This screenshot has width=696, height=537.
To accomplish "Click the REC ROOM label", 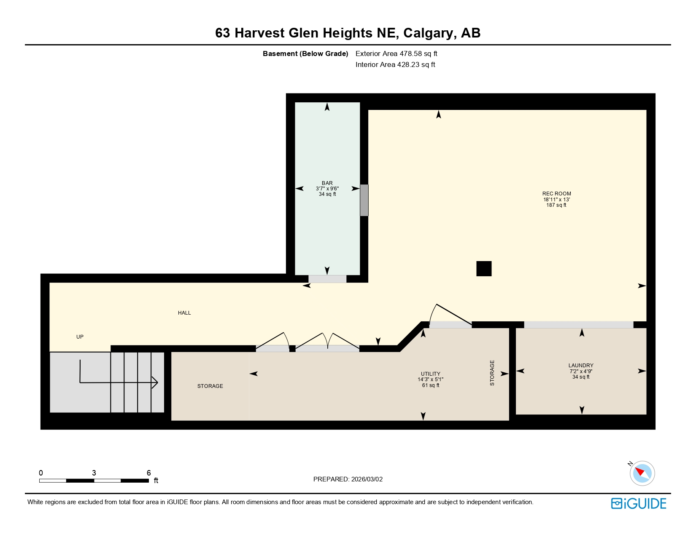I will point(556,194).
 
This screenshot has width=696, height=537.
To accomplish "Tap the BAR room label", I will point(327,183).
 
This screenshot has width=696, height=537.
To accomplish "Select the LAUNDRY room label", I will point(580,366).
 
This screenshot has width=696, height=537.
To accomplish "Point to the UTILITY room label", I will point(430,374).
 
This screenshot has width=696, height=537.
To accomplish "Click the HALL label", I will point(184,313).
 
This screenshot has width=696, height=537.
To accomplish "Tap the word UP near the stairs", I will point(80,337).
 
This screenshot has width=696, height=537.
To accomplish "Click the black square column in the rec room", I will point(484,269).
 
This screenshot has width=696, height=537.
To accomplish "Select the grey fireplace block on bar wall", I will point(364,200).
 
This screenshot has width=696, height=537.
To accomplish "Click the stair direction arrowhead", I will point(155,382).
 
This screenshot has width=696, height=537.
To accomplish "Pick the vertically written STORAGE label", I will point(492,373).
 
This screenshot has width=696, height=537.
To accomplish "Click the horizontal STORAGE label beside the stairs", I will point(210,386).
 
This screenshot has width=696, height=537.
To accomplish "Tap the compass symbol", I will point(642,473).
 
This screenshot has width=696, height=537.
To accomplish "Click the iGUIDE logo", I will point(639,503).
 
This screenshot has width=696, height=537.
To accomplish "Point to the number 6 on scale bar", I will point(148,473).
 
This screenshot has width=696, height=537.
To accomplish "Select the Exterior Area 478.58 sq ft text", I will point(396,53).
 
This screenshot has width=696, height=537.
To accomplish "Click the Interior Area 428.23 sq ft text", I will point(395,64).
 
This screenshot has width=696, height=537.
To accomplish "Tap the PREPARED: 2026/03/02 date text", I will point(348,479).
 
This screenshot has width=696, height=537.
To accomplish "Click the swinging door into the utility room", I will point(451,315).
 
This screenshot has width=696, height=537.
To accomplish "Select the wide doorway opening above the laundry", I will point(578,325).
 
